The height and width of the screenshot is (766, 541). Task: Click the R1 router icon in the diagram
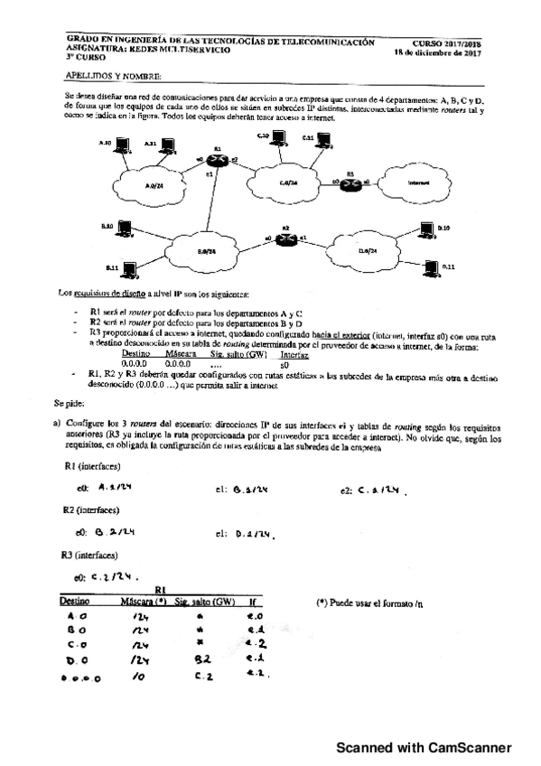217,157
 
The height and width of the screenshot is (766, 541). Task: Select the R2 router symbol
285,238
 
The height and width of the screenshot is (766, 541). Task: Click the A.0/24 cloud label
154,185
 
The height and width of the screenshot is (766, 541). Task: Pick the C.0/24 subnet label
288,182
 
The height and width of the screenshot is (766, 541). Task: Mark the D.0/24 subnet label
368,249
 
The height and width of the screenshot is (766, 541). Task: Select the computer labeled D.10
423,230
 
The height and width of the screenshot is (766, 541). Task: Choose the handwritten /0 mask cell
138,675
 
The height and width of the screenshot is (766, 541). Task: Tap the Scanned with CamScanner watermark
424,747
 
